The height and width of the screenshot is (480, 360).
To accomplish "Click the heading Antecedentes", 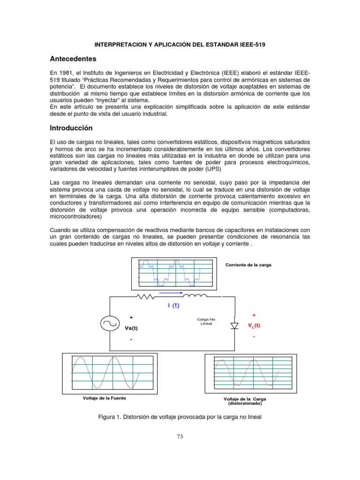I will coord(73,59).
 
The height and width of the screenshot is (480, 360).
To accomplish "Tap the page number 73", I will coord(180,436).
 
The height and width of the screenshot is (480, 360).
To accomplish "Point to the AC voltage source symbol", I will coord(110,324).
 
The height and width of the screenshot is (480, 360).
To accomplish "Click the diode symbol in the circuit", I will coord(234,325).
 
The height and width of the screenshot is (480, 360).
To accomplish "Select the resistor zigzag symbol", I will coord(146,296).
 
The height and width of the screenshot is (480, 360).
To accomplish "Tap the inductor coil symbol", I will coord(195,296).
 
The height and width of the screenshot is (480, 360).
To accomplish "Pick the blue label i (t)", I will coord(173,306).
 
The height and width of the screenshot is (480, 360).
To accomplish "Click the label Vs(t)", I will coord(131,328).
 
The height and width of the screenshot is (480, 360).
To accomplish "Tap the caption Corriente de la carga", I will coord(248,265).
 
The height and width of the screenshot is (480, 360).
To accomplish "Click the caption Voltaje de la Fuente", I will coord(104,398).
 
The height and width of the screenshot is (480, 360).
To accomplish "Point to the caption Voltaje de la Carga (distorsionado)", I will coord(245,401).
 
